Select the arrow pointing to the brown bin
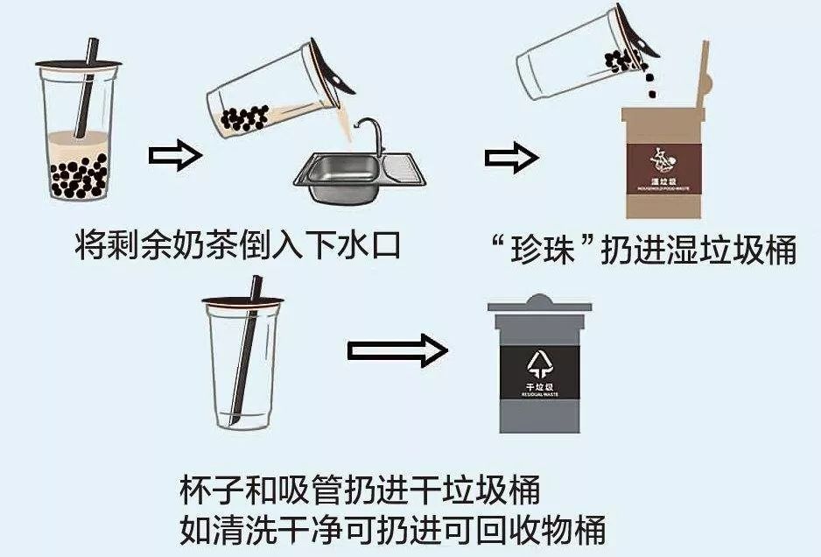[510, 158]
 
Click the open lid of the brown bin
[700, 79]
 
